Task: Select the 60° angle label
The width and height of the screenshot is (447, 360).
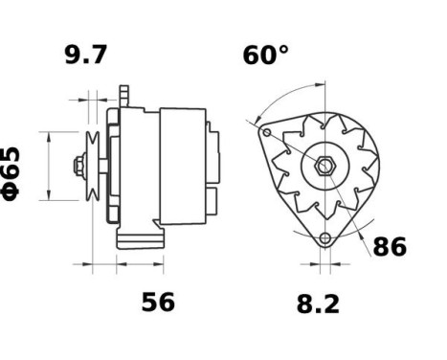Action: click(264, 56)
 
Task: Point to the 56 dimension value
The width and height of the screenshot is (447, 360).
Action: click(158, 303)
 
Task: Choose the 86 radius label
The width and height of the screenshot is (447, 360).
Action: click(389, 247)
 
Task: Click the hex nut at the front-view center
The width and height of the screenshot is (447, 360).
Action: click(326, 166)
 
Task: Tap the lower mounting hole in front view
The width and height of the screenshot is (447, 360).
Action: click(325, 238)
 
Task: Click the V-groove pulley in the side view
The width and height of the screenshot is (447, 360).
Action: click(93, 165)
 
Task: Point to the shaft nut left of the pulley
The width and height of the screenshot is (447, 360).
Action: click(76, 166)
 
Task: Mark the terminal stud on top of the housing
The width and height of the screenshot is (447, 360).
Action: click(123, 94)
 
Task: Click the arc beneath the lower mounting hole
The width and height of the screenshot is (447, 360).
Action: click(325, 255)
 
